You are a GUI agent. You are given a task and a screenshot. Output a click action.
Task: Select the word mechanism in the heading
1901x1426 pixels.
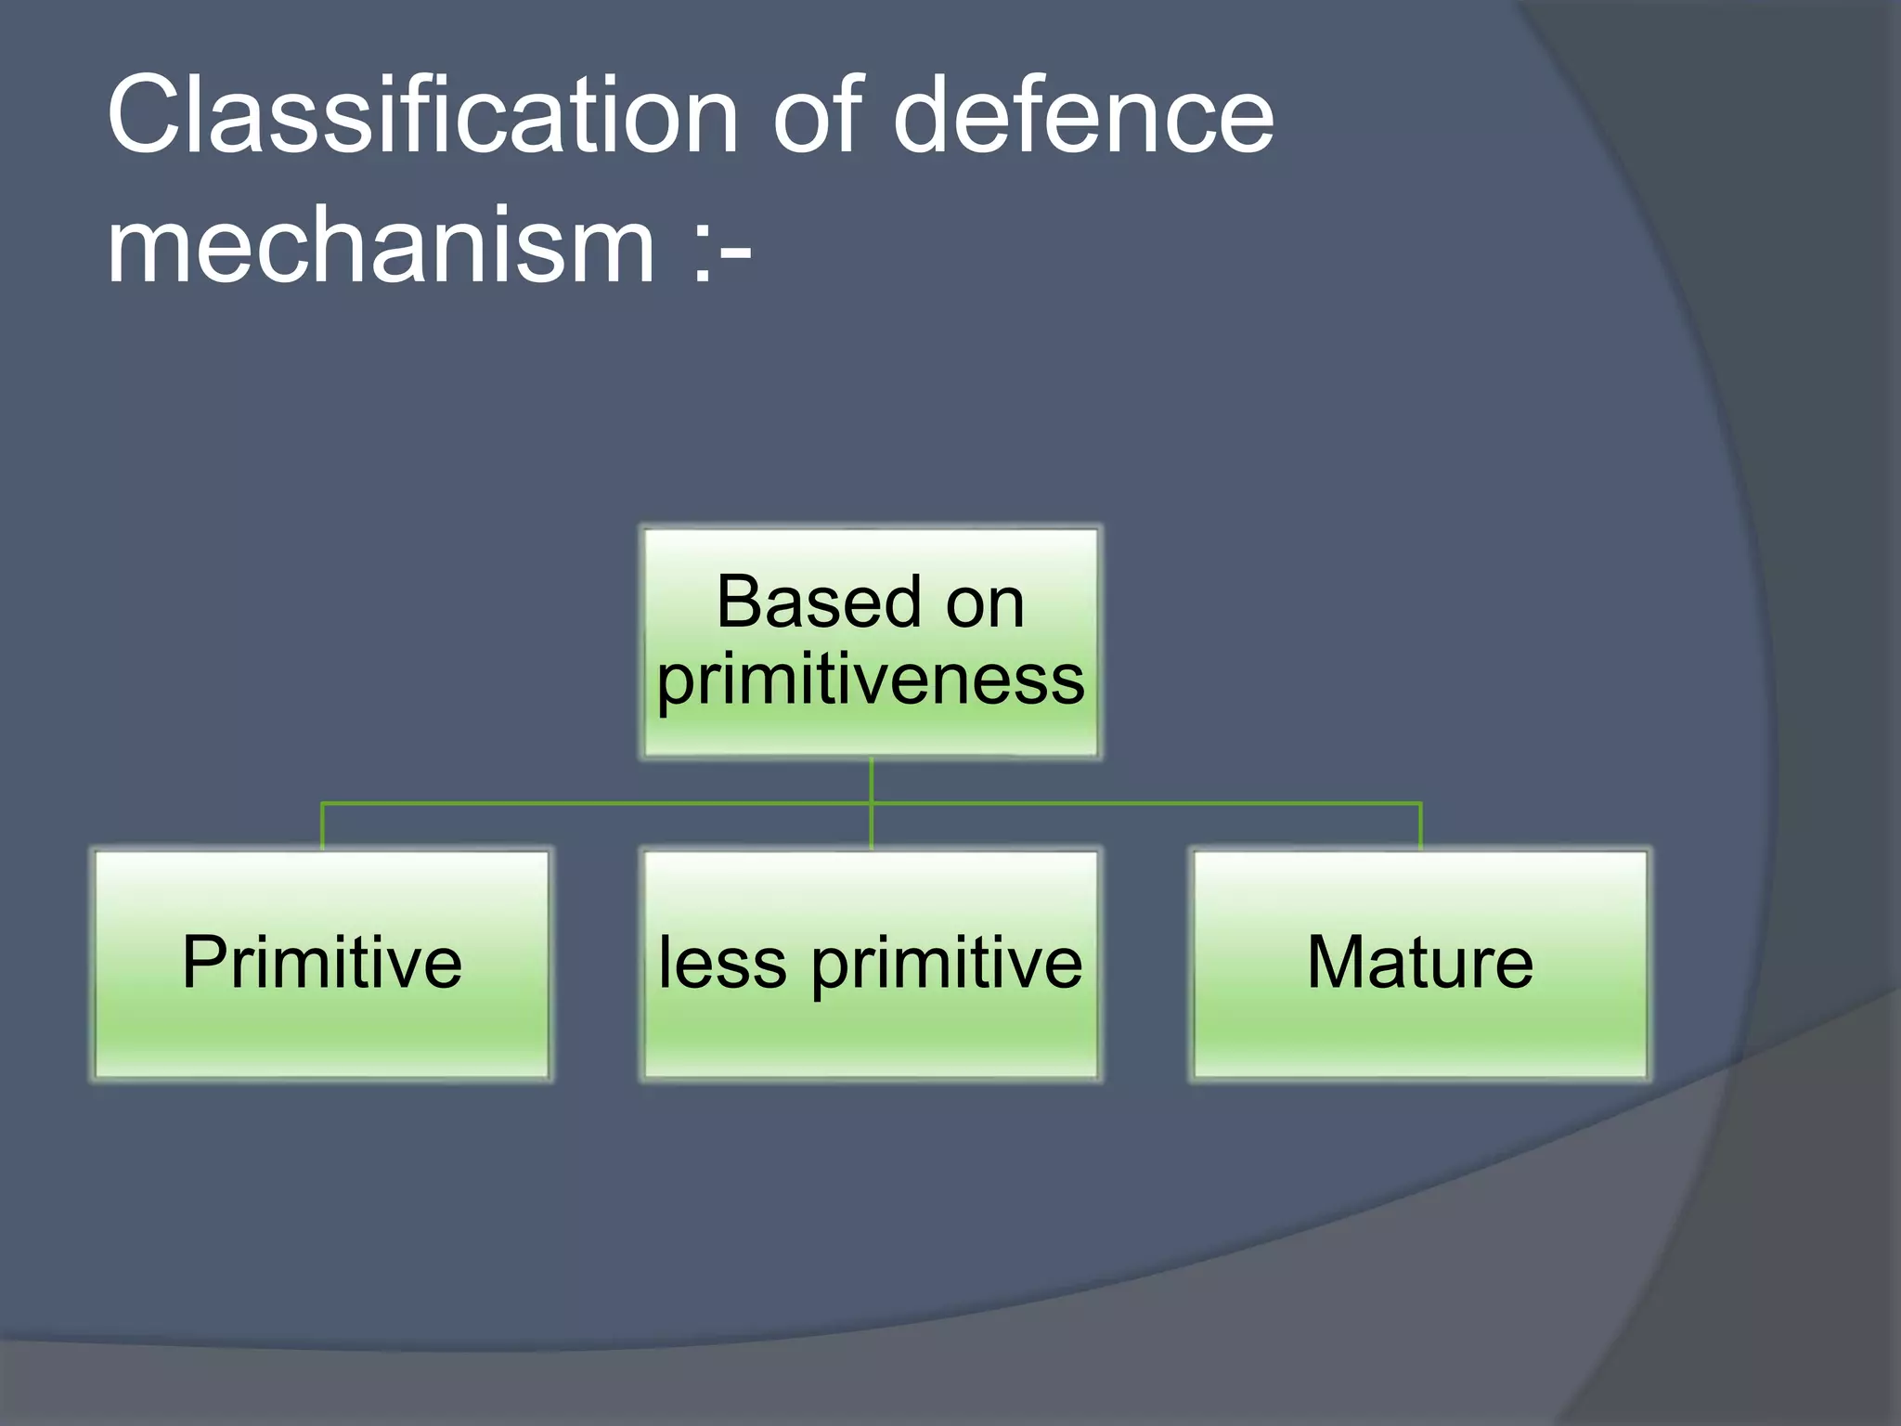(381, 246)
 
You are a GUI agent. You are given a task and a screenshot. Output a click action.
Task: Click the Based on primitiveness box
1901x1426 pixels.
(871, 642)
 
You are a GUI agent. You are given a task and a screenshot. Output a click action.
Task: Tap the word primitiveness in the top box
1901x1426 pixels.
(871, 681)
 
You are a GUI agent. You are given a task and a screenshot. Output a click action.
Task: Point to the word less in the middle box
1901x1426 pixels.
(723, 963)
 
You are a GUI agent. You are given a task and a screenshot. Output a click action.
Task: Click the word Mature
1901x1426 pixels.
(1420, 963)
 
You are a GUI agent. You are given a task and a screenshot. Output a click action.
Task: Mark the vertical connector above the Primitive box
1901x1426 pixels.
(322, 826)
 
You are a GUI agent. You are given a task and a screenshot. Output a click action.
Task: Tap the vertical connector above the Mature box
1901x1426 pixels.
(1420, 826)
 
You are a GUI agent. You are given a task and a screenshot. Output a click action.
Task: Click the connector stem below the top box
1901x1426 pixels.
(871, 780)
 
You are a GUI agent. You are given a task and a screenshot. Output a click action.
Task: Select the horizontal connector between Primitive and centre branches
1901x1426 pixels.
(594, 802)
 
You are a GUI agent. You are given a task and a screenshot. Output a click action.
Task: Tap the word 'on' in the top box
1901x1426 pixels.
(985, 604)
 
